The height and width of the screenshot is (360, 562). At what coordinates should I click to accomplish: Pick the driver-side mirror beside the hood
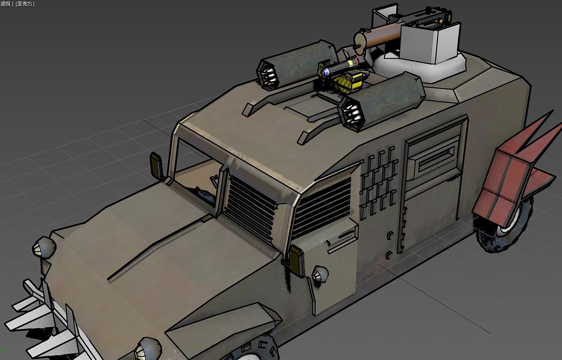coord(156,164)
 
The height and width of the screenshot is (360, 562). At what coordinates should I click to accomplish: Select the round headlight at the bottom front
coord(147,349)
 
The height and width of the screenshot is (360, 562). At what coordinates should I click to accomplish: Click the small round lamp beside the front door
coord(320,274)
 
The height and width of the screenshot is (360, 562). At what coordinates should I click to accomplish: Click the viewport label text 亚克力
coord(25,4)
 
